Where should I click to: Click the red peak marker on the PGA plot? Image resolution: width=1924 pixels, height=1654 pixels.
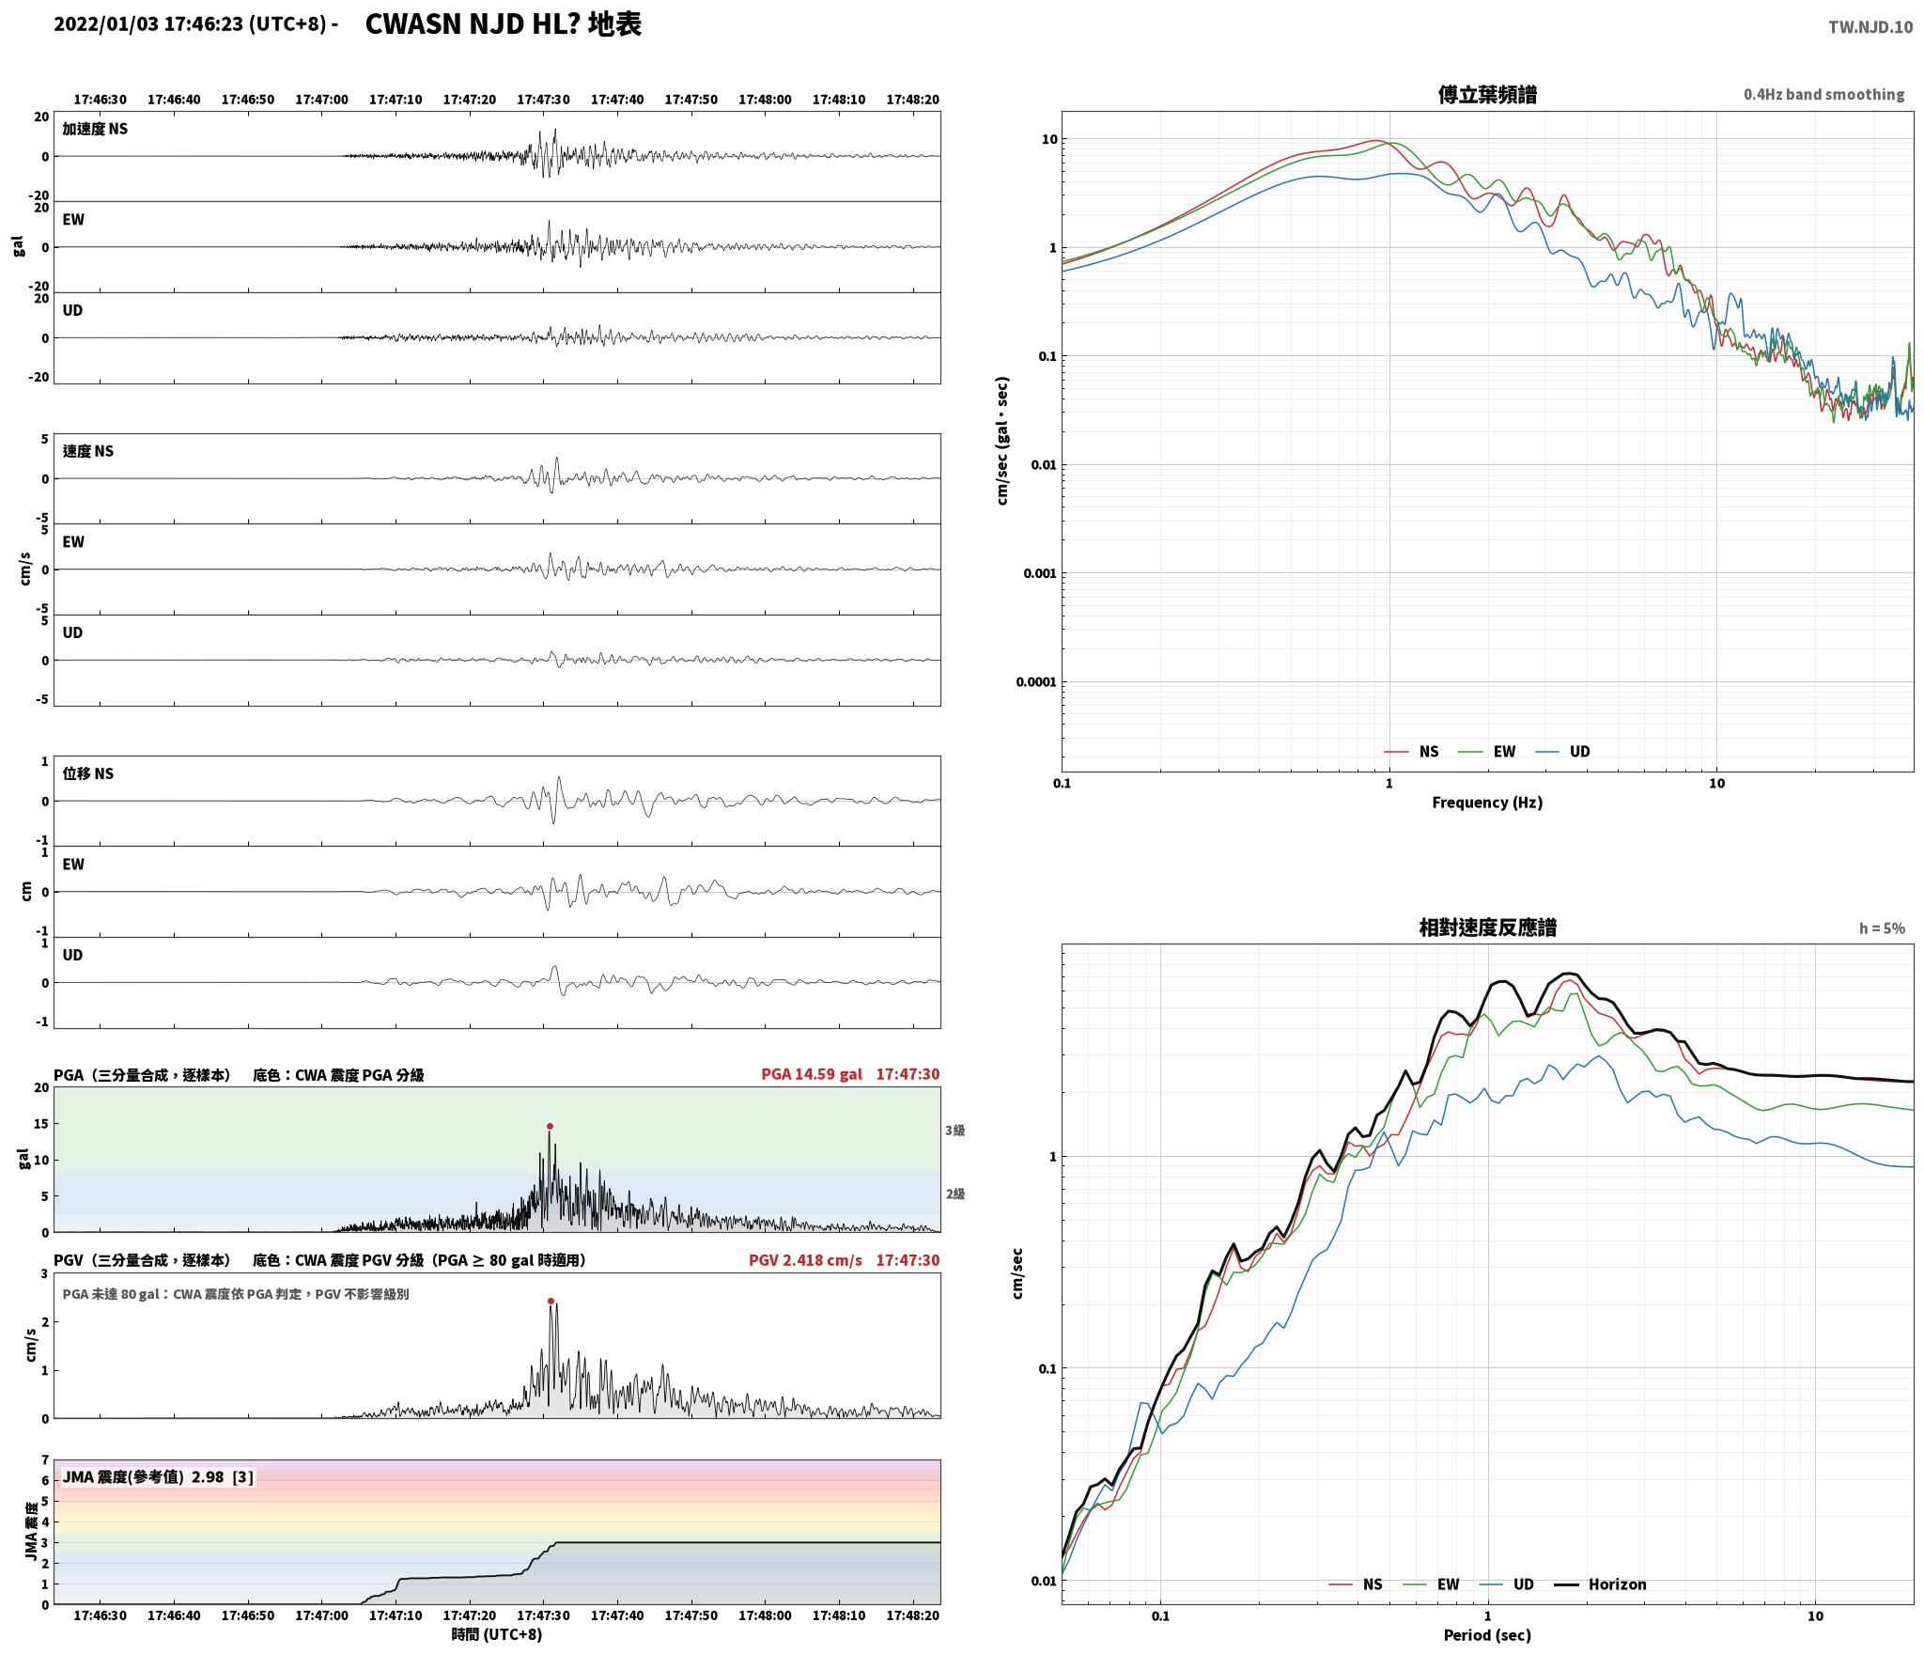point(550,1126)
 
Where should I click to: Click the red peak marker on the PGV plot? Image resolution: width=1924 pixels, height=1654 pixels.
point(551,1301)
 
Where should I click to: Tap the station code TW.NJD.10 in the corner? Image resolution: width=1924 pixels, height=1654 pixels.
point(1870,27)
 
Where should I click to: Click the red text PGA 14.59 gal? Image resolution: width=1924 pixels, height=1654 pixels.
point(811,1074)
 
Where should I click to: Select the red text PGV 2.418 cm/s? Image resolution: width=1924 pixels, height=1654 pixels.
point(805,1259)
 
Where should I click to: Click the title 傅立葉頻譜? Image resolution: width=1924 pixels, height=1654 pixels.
point(1487,94)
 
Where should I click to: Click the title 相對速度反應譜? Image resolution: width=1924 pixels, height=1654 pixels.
point(1487,928)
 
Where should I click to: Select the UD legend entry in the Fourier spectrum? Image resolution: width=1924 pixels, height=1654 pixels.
point(1563,751)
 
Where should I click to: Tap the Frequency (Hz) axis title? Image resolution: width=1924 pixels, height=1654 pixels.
point(1487,802)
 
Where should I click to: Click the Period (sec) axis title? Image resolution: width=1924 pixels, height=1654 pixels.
point(1487,1635)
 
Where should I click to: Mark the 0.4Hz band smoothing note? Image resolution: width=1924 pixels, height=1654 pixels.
point(1824,94)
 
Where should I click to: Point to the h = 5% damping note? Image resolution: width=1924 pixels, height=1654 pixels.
point(1882,928)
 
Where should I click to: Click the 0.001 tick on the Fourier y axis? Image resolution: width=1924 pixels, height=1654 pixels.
point(1039,573)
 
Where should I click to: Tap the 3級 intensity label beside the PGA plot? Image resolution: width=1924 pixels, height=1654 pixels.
point(955,1131)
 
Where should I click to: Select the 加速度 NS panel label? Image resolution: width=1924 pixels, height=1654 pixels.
point(95,129)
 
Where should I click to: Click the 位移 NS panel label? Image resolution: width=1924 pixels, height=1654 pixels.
point(88,773)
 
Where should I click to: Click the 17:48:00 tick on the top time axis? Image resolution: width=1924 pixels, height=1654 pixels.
point(765,99)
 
